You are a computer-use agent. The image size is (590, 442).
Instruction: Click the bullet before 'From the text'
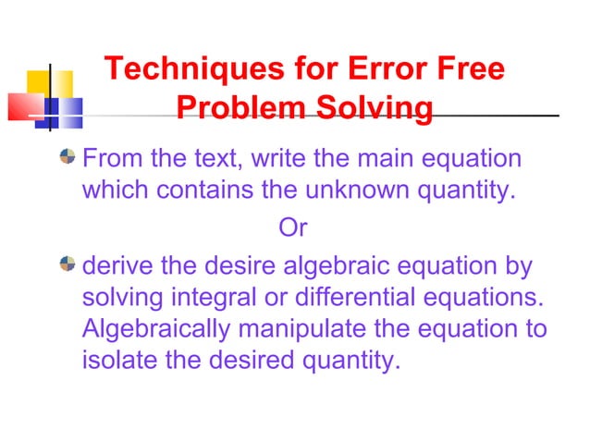tap(67, 157)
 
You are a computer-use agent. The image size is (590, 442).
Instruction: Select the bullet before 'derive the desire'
tap(67, 265)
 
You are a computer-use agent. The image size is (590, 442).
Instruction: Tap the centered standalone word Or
tap(293, 227)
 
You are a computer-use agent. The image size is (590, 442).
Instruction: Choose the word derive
tap(117, 268)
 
